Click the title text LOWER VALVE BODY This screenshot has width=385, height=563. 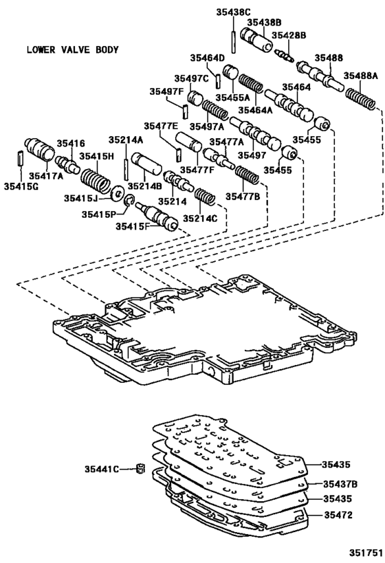[x=72, y=49]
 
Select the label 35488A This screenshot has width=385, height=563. [x=361, y=76]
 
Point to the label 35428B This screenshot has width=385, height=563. [x=289, y=35]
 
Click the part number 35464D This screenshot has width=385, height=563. [x=208, y=58]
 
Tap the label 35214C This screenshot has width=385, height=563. [x=199, y=218]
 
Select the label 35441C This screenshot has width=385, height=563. [x=102, y=469]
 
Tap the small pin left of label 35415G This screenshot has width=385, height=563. [x=19, y=157]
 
